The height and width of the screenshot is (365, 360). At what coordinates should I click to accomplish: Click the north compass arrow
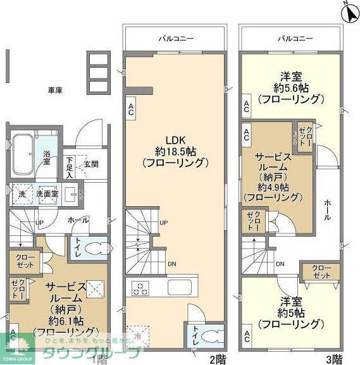tap(347, 11)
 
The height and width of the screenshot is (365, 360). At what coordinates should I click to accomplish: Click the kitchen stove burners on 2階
tap(139, 288)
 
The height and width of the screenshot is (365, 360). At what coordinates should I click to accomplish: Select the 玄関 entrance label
tap(90, 164)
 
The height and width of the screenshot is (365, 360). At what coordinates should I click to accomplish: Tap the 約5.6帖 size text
tap(292, 87)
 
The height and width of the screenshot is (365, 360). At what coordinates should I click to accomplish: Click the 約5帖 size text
tap(290, 312)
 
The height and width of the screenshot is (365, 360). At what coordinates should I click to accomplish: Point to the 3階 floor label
tap(334, 359)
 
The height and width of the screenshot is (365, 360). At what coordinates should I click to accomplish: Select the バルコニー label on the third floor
tap(295, 39)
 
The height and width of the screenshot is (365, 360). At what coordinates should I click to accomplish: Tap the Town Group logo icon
tap(17, 343)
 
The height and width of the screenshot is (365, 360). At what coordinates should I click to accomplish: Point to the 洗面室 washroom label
tap(46, 194)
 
